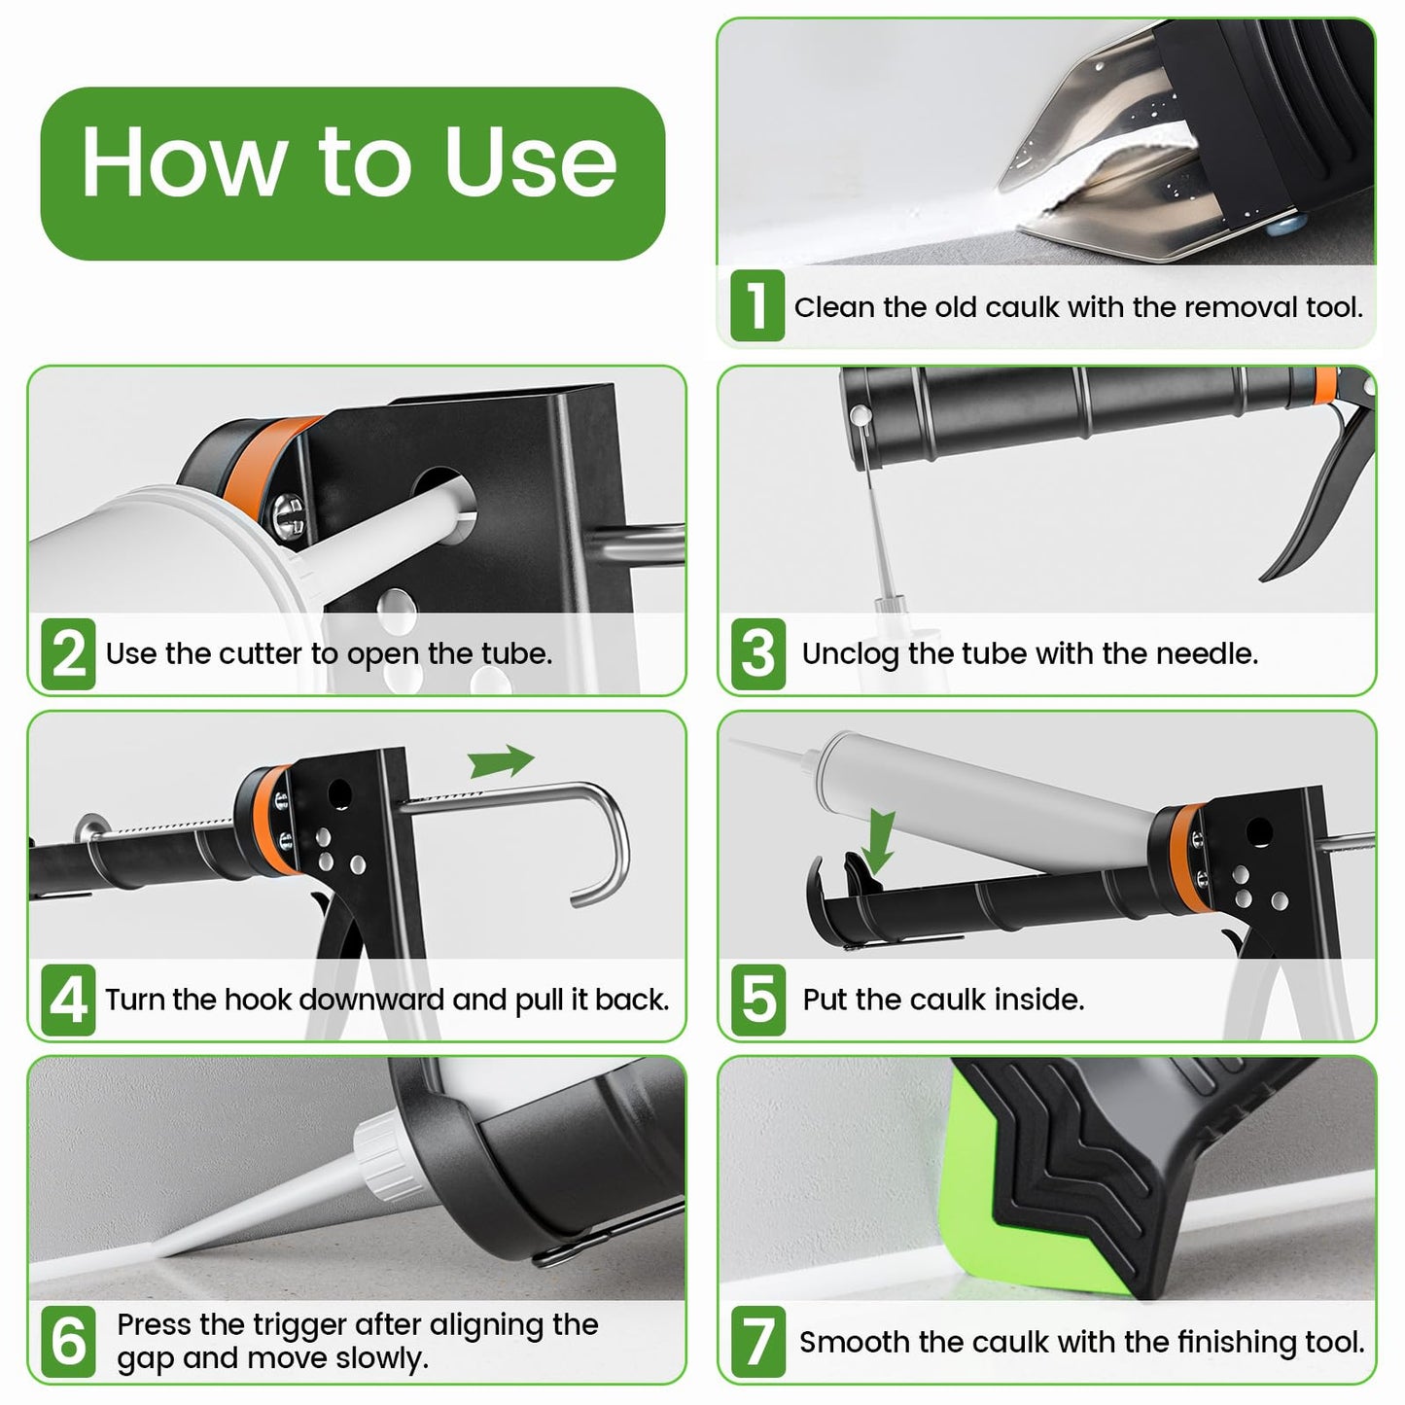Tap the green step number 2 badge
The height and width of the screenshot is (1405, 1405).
pyautogui.click(x=68, y=653)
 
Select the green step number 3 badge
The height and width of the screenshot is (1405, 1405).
pyautogui.click(x=757, y=653)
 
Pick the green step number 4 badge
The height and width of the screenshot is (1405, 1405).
pyautogui.click(x=68, y=1000)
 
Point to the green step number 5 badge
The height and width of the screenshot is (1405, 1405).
pyautogui.click(x=757, y=1000)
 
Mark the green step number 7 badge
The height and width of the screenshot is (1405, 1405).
pyautogui.click(x=758, y=1341)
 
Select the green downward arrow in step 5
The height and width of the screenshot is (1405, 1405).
pyautogui.click(x=880, y=842)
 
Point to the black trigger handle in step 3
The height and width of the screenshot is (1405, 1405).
pyautogui.click(x=1308, y=506)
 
